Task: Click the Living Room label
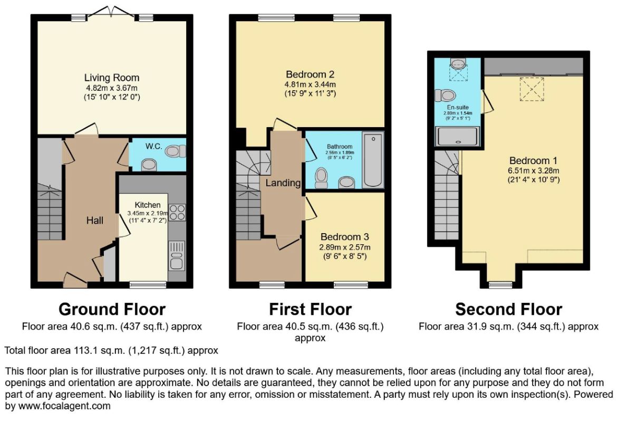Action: point(112,78)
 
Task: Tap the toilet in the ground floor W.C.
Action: point(176,151)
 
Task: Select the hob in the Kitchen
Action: point(177,212)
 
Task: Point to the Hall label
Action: point(94,220)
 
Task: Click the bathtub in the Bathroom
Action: point(372,160)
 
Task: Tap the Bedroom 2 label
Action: point(310,74)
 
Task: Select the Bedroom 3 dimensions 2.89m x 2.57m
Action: point(345,247)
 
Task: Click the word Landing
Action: point(283,183)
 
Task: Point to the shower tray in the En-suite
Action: point(457,137)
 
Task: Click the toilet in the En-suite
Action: point(446,95)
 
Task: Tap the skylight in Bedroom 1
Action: point(532,90)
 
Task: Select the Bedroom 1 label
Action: point(533,160)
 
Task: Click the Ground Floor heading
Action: point(112,309)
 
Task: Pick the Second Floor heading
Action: point(508,309)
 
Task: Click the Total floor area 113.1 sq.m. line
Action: point(111,350)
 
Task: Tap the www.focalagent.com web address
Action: point(64,406)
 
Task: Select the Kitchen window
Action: point(148,285)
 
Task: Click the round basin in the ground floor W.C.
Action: point(149,165)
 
